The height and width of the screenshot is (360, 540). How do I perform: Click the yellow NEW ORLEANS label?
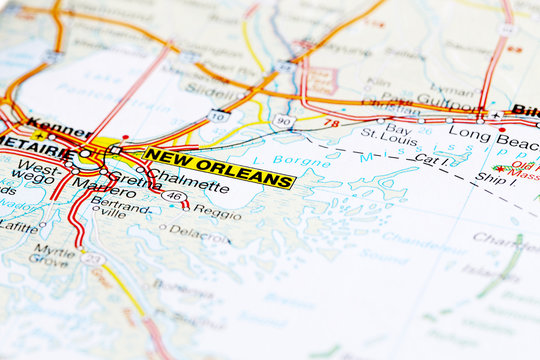(219, 167)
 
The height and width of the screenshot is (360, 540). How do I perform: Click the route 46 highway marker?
(172, 195)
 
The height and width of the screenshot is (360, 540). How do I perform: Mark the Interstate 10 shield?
(218, 116)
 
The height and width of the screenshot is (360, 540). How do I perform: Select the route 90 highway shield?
(283, 121)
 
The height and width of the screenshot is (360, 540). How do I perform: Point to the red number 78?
(331, 123)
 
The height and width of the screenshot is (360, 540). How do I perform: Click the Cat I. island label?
(431, 159)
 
